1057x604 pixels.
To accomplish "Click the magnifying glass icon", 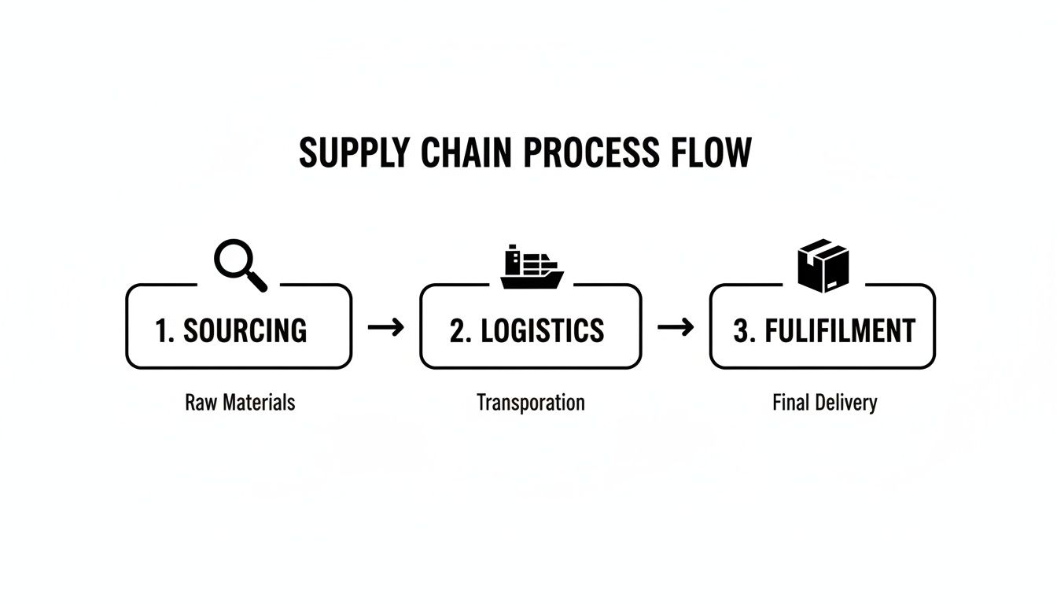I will pos(240,266).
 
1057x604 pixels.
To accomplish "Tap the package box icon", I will pos(823,265).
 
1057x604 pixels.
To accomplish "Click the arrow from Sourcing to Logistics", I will pos(385,327).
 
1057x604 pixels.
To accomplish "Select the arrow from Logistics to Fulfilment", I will pos(676,327).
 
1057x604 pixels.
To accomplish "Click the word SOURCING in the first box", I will pos(245,331).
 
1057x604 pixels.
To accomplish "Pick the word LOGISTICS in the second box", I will pos(543,331).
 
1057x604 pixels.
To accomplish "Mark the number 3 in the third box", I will pos(741,331).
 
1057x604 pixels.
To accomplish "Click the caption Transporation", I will pos(531,403).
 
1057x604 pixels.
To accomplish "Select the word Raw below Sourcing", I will pos(201,403).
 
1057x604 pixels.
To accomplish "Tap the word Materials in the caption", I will pos(259,403).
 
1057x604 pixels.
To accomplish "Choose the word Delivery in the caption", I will pos(845,403).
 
